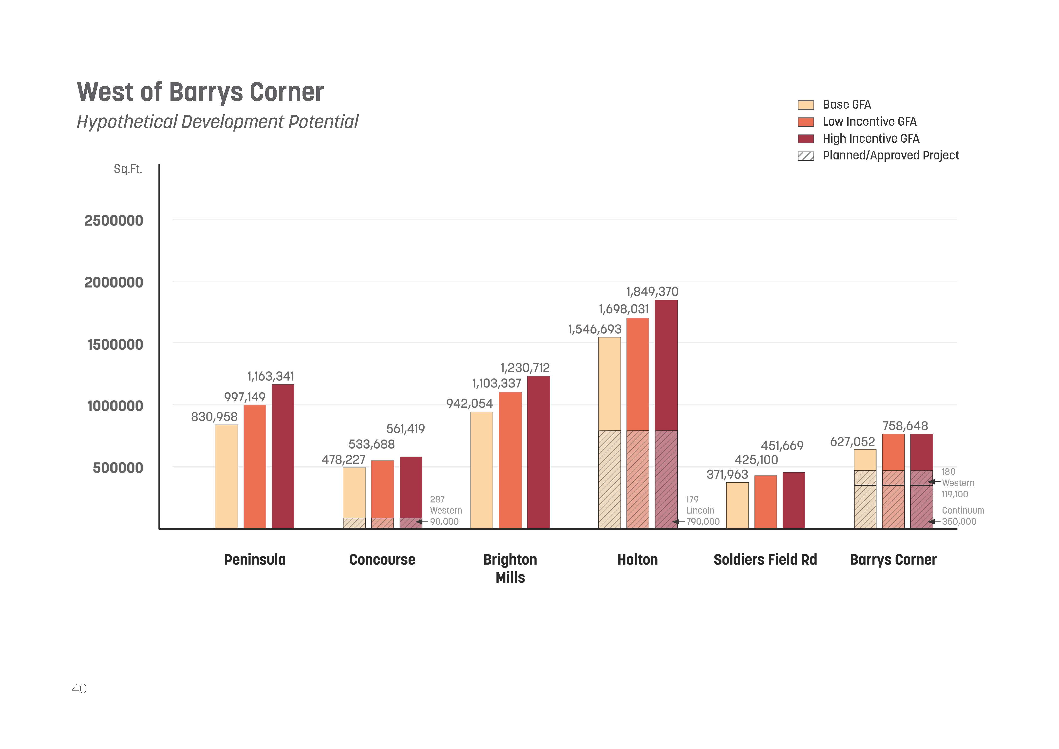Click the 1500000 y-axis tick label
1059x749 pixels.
[115, 345]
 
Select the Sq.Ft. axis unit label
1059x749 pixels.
[128, 169]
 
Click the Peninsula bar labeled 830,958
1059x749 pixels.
[227, 477]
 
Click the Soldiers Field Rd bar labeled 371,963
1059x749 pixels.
[737, 505]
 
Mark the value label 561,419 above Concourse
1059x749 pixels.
[405, 429]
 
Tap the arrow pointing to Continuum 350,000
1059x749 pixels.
[934, 522]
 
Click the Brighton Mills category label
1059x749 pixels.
[510, 568]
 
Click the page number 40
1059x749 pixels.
[79, 689]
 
